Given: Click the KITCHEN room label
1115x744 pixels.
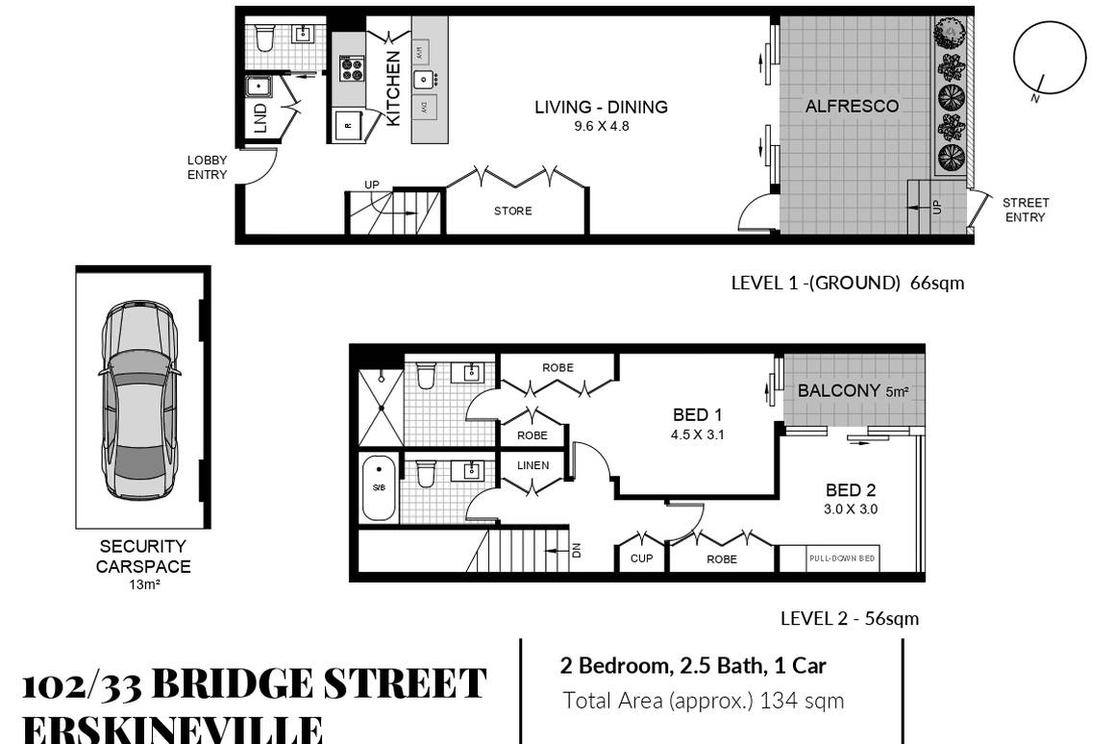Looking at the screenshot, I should click(393, 89).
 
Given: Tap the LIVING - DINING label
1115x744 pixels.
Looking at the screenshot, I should click(601, 107).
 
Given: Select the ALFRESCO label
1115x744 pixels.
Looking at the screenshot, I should click(852, 106).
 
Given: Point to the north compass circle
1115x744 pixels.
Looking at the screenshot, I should click(1050, 57).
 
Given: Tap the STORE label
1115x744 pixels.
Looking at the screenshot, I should click(512, 211).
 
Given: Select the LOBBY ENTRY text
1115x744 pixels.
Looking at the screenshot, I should click(207, 167).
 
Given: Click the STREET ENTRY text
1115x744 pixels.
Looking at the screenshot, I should click(1025, 210).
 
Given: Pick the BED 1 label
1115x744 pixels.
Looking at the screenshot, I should click(697, 415).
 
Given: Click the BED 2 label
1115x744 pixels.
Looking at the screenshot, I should click(851, 490).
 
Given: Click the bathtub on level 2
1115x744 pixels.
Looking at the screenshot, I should click(379, 486).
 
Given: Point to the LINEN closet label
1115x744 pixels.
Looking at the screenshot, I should click(533, 465).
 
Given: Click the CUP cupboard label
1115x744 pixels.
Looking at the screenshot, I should click(641, 558).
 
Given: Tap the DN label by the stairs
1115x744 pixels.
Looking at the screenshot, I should click(577, 551).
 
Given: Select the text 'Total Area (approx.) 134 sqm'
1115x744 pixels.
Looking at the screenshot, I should click(703, 701).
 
